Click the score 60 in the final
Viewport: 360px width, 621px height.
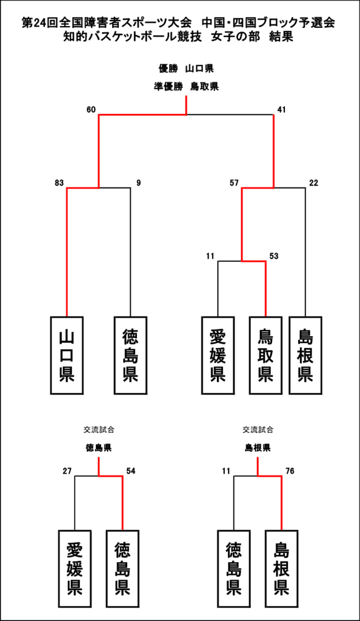point(91,110)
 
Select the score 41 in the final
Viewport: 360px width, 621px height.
point(281,110)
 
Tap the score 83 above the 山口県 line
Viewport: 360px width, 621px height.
point(59,183)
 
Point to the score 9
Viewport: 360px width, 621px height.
point(138,183)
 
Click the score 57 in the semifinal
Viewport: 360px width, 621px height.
point(234,183)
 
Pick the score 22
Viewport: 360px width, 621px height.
point(313,183)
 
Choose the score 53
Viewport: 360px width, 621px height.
point(274,257)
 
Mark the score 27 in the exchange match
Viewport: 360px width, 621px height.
point(67,471)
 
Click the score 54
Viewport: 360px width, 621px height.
point(130,471)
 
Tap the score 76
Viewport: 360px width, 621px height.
point(290,471)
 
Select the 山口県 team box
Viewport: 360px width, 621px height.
point(67,355)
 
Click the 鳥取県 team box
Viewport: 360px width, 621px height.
point(266,355)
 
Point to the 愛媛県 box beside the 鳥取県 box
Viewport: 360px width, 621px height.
point(218,355)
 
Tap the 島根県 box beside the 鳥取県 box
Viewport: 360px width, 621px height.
point(305,355)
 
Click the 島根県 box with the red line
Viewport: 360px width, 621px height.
point(281,569)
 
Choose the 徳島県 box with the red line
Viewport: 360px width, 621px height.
point(122,569)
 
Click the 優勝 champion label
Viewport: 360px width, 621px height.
point(166,69)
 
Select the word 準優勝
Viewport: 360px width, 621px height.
point(168,86)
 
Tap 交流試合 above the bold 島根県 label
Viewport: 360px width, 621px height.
point(258,430)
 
